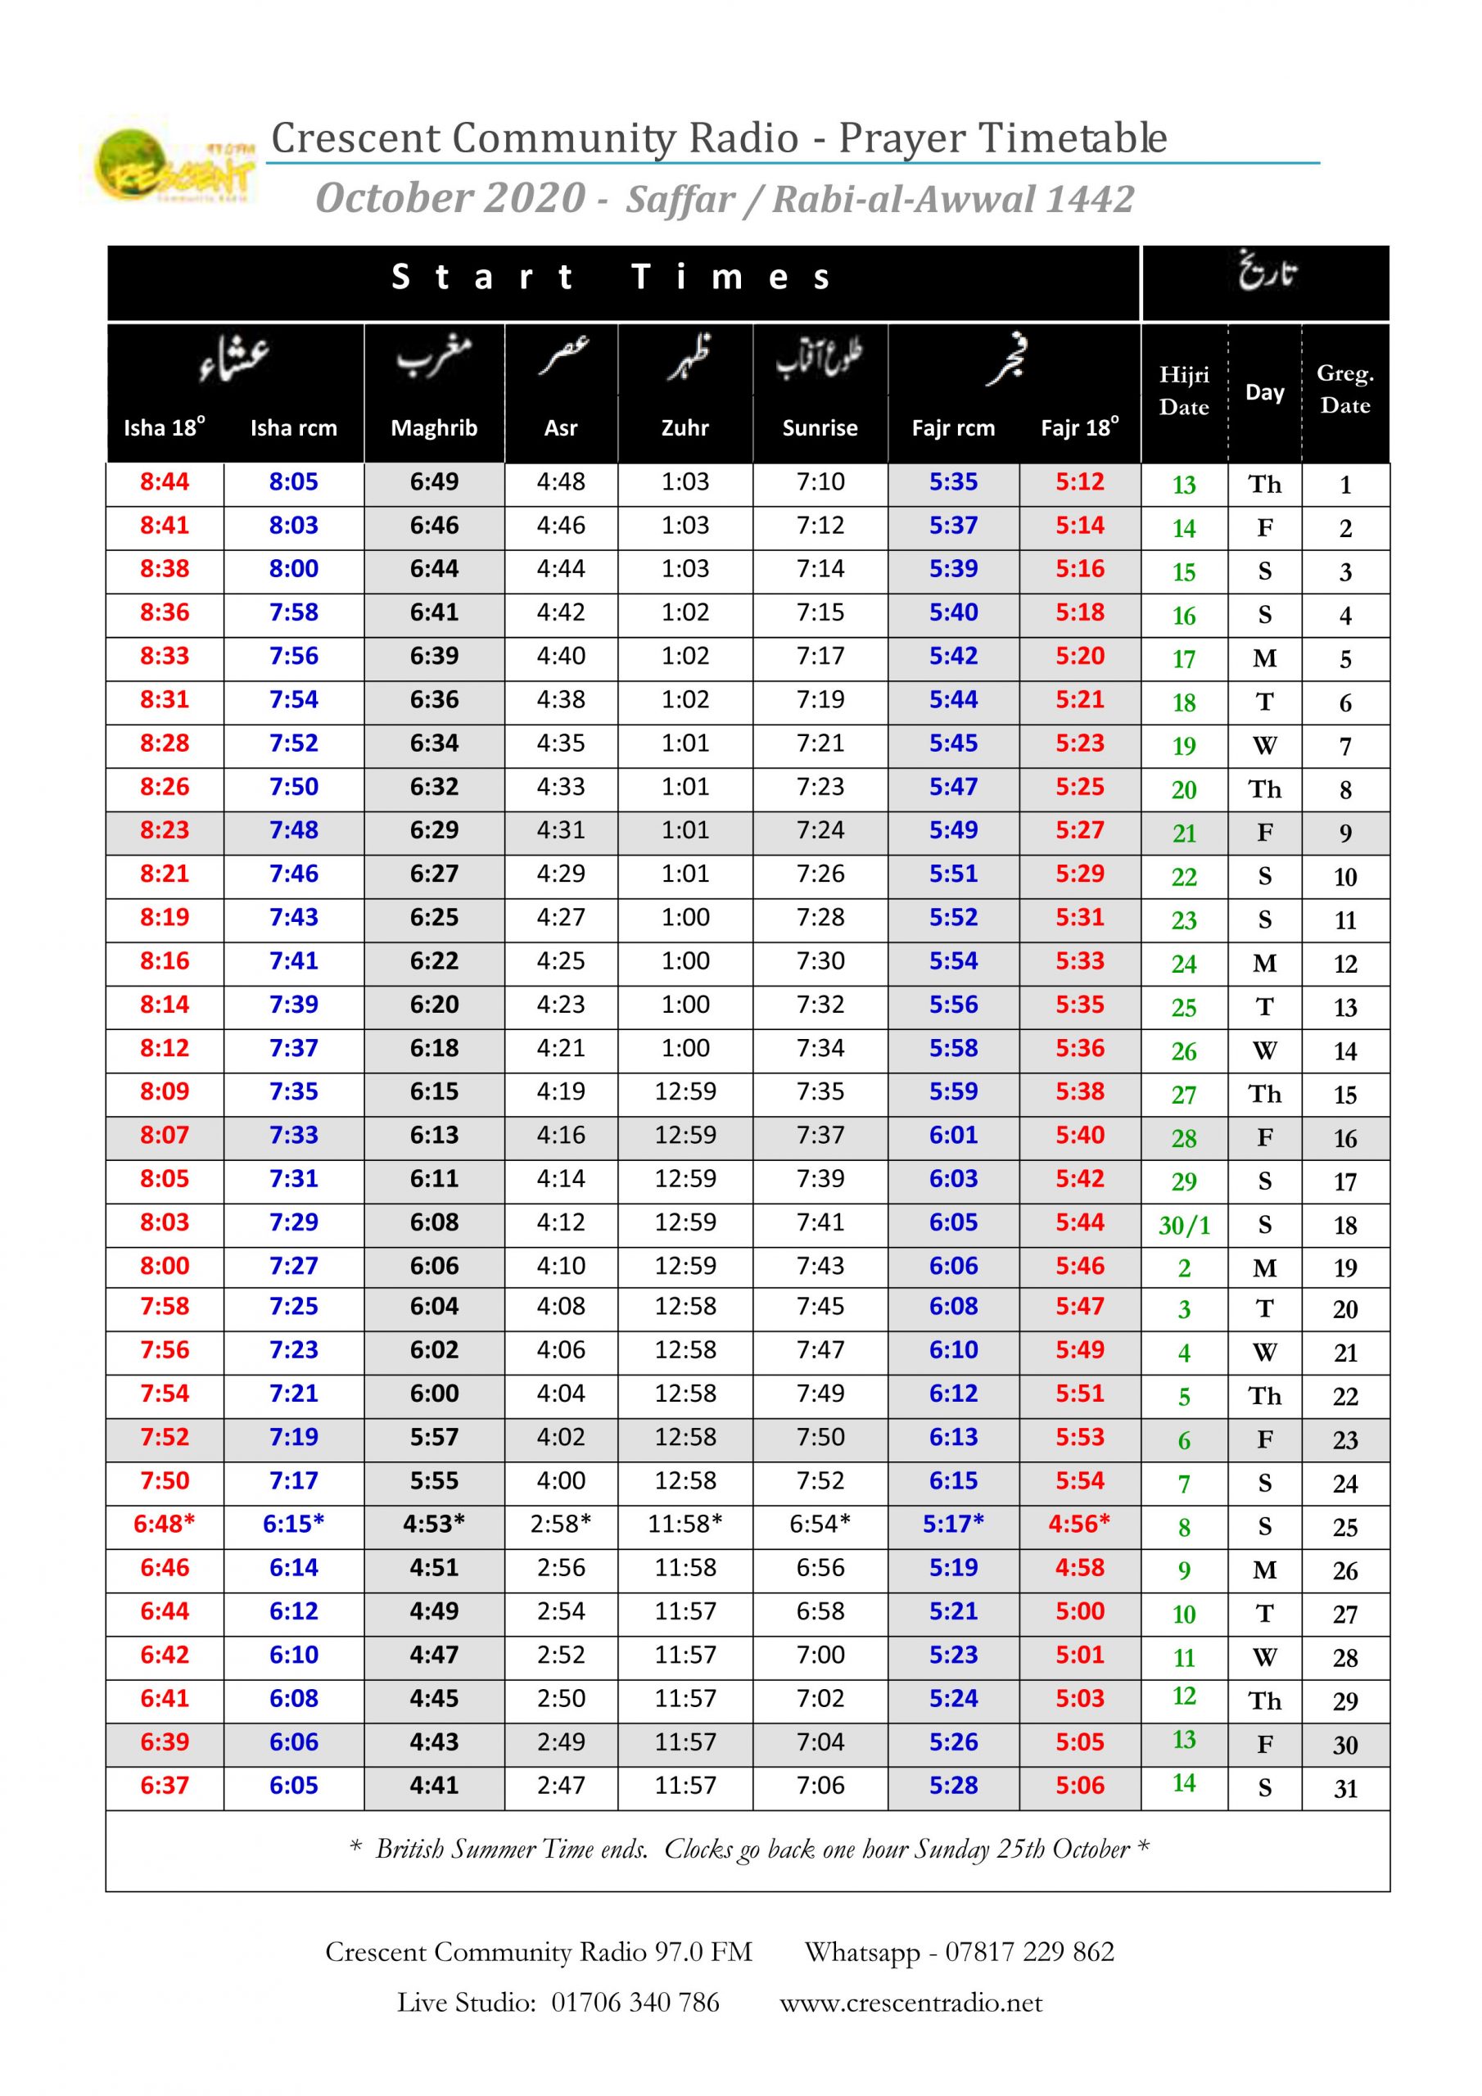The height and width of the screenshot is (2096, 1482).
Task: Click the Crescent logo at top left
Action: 174,165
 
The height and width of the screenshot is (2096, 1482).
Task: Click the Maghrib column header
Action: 434,427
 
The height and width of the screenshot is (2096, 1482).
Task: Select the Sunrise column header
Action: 819,427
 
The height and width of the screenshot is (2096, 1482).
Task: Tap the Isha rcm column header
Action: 293,427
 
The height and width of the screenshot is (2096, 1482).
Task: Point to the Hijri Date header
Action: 1183,391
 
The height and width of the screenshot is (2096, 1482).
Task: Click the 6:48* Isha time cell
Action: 165,1523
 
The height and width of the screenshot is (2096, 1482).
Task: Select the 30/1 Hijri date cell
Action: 1183,1225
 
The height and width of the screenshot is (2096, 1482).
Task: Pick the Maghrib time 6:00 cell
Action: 434,1393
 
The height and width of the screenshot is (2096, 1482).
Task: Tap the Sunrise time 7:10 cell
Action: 819,482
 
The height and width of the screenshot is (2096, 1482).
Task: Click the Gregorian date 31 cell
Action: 1345,1788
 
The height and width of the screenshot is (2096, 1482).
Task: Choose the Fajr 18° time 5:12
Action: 1079,482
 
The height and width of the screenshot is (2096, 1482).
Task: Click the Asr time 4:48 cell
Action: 561,482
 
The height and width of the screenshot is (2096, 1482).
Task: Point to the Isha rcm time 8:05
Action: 293,482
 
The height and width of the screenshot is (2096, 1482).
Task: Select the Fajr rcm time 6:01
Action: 952,1135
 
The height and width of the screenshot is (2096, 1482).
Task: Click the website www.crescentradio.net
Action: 910,2002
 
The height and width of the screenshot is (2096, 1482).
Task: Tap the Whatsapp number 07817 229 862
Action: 1029,1952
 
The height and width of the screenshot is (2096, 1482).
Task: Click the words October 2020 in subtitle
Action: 450,198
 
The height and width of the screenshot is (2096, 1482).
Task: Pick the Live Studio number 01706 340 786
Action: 635,2002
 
